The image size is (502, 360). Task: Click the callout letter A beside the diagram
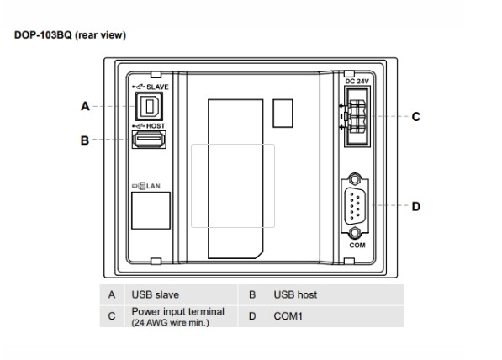[x=84, y=107]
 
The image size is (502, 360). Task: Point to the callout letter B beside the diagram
[x=84, y=141]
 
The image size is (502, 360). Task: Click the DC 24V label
[x=359, y=80]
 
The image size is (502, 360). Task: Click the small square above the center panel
[x=285, y=112]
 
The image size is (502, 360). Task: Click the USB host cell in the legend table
[x=295, y=295]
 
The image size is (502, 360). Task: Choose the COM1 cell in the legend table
[x=288, y=317]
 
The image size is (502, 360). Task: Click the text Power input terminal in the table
[x=177, y=312]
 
